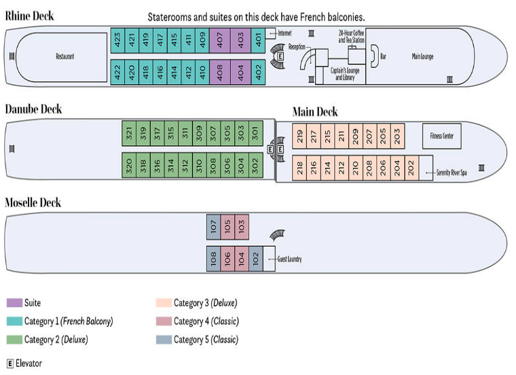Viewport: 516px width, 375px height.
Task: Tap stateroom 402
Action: (x=259, y=71)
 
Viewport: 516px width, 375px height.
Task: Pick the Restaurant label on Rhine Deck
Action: (x=65, y=56)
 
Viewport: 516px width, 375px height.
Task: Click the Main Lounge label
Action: (x=422, y=56)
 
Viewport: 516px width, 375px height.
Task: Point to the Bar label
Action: (x=383, y=56)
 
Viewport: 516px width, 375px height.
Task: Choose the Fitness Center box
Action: (x=441, y=136)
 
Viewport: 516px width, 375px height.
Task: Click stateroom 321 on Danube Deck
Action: (x=129, y=134)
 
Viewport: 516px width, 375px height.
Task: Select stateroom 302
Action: (x=255, y=165)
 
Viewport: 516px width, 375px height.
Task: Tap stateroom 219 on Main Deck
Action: (x=299, y=136)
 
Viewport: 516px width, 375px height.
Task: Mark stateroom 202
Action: (x=411, y=167)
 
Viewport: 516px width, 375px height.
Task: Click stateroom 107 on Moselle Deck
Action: (x=213, y=226)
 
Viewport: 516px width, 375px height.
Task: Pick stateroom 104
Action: (x=241, y=258)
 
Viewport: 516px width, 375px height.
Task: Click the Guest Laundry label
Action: (x=289, y=260)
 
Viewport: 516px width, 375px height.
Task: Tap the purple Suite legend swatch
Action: (x=14, y=303)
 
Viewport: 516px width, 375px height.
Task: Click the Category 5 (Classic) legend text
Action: (x=206, y=340)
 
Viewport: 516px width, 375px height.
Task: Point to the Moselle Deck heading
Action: (x=33, y=202)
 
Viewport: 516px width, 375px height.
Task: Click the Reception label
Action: (x=297, y=47)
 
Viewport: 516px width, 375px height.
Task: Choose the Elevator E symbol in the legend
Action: (x=10, y=363)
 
